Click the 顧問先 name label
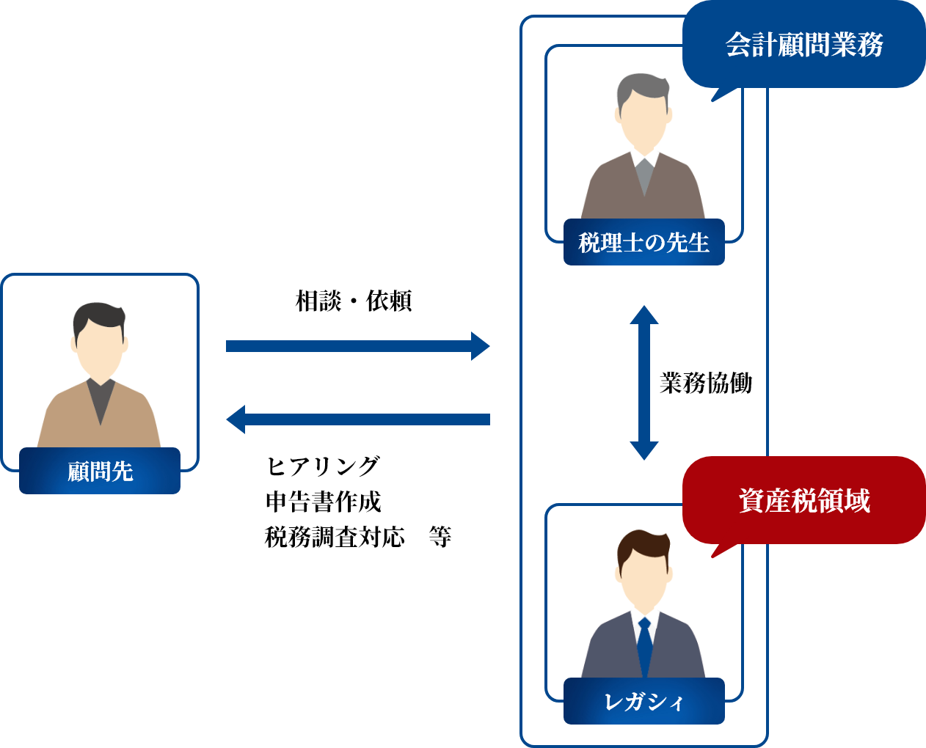[100, 471]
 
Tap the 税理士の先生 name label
[644, 242]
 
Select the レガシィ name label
[644, 702]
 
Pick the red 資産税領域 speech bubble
[803, 501]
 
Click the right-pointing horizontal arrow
[357, 346]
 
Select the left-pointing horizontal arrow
[357, 419]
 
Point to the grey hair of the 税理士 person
[643, 87]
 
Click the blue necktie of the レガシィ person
[644, 645]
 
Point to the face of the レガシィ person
[644, 579]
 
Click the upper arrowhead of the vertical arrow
[644, 315]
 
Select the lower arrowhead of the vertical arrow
[644, 450]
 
